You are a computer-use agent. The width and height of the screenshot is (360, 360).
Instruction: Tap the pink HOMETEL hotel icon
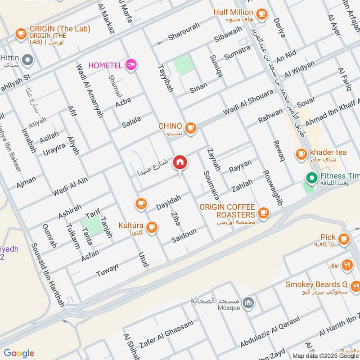click(131, 65)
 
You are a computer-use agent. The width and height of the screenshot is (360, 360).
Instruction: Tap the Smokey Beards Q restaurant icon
click(355, 286)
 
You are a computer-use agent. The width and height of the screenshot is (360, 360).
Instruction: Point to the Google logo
click(19, 353)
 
